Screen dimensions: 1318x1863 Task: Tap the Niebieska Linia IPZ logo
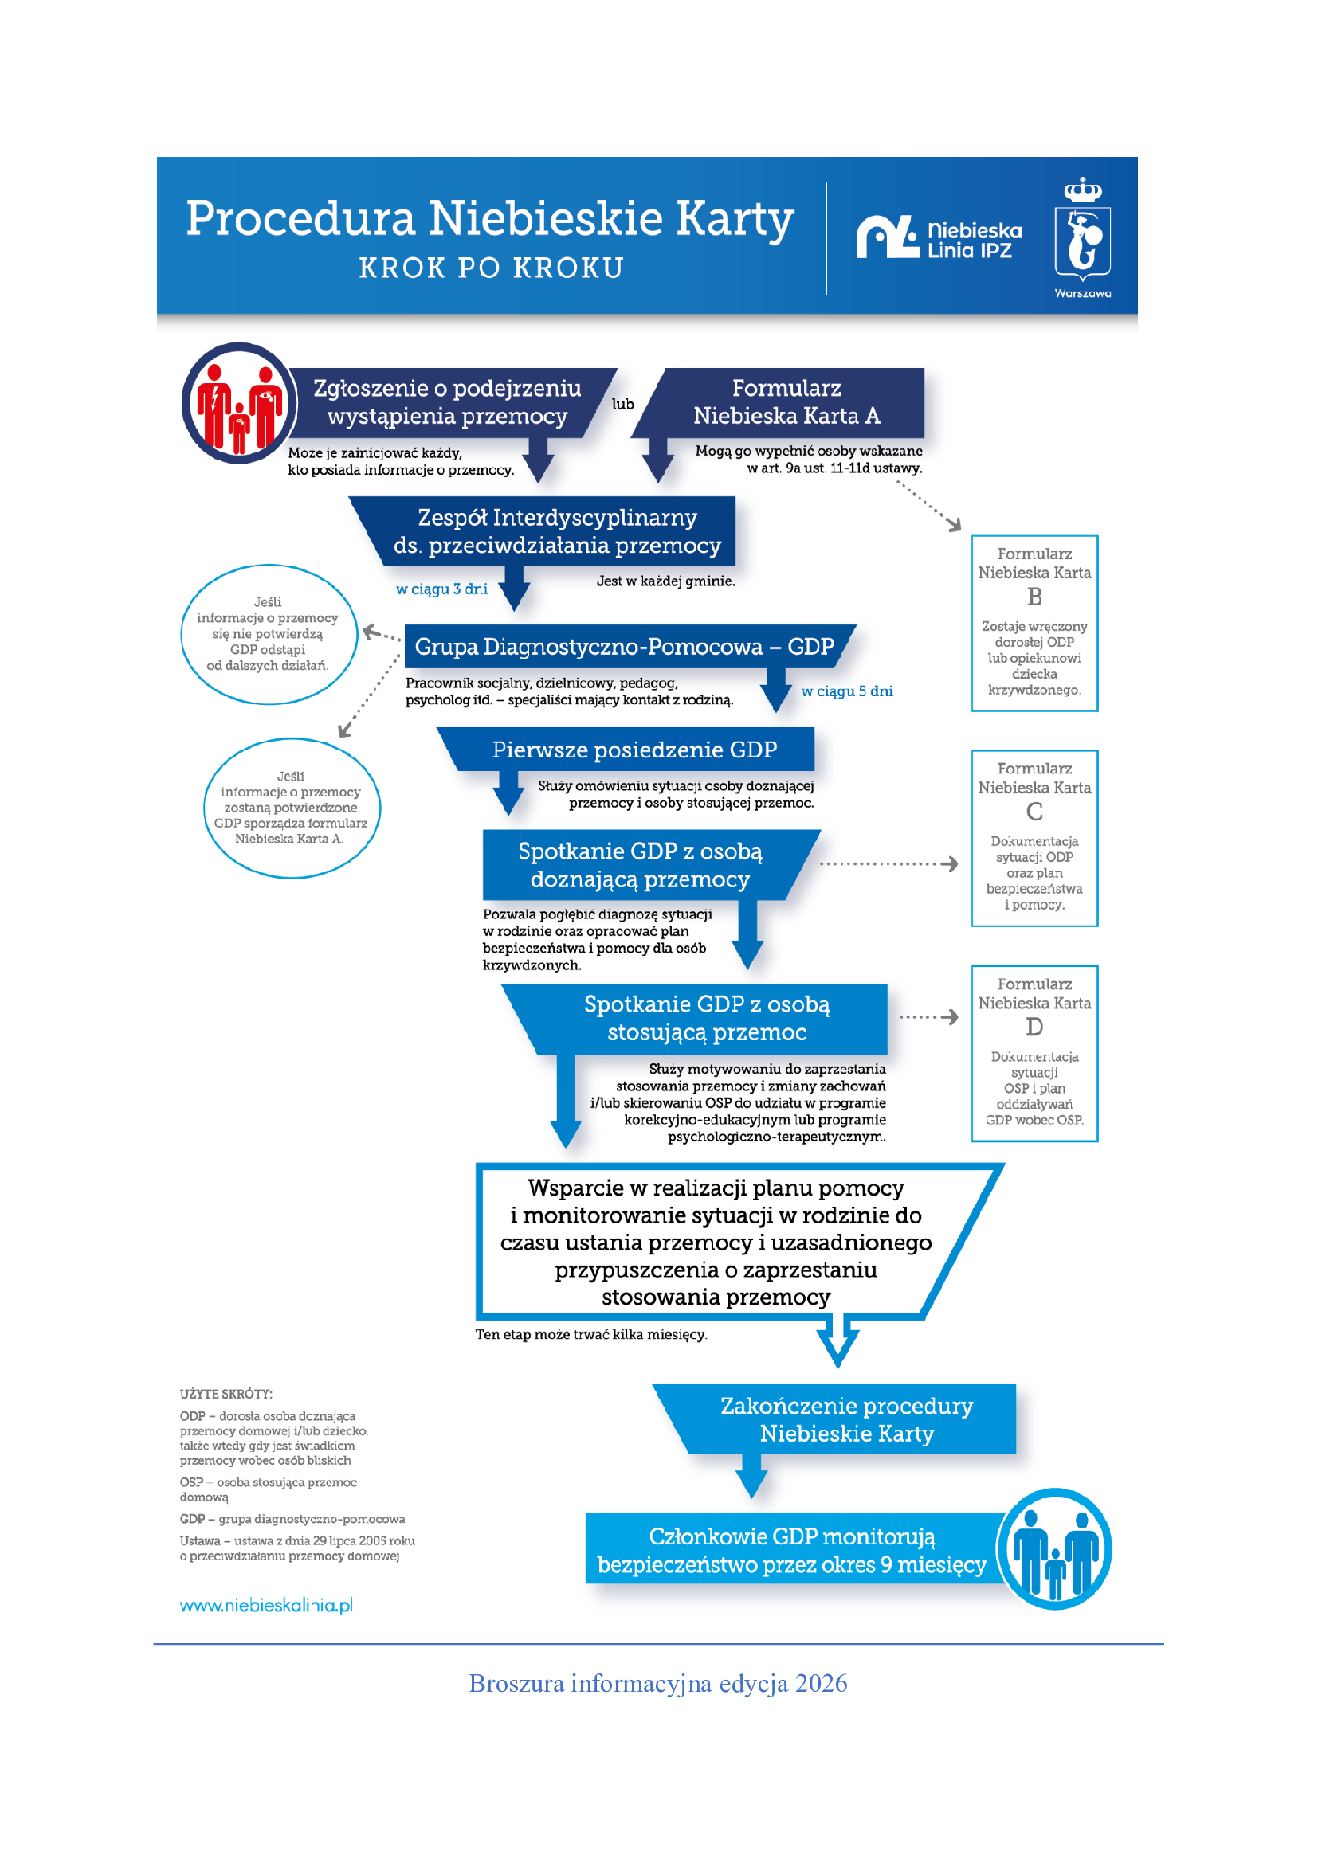click(x=939, y=237)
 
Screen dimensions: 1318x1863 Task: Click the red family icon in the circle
click(x=239, y=403)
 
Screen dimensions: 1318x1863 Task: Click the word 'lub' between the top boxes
click(x=622, y=404)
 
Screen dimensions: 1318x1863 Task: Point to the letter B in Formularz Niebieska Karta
click(x=1034, y=597)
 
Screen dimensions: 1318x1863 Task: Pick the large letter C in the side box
click(x=1034, y=812)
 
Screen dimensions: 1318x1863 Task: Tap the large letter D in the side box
click(x=1034, y=1027)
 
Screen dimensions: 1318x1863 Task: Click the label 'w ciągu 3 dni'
click(x=441, y=589)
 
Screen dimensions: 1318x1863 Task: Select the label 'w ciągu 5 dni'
click(x=847, y=691)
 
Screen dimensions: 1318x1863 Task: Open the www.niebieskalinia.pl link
click(x=266, y=1605)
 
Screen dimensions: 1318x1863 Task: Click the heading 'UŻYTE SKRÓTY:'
click(x=226, y=1394)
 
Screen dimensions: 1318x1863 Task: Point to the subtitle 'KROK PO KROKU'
click(x=492, y=268)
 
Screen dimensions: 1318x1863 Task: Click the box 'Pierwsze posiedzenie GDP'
click(x=626, y=749)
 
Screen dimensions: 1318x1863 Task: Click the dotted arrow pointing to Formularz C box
click(x=888, y=864)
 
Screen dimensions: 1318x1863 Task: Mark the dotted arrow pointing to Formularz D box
click(x=929, y=1016)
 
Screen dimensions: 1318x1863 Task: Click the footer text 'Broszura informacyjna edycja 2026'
click(x=658, y=1684)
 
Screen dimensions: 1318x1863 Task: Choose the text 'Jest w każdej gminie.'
click(x=665, y=581)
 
